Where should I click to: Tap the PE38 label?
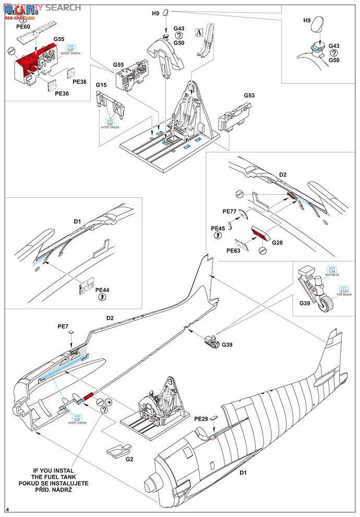[x=79, y=82]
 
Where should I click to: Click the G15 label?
[x=101, y=85]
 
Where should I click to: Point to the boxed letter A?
[x=199, y=31]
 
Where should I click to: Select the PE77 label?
[x=230, y=211]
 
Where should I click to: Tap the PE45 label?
[x=218, y=228]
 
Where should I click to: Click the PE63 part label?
[x=234, y=251]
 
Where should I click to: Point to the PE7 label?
[x=63, y=326]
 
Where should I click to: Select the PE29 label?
[x=201, y=419]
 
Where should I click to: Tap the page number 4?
[x=7, y=509]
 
